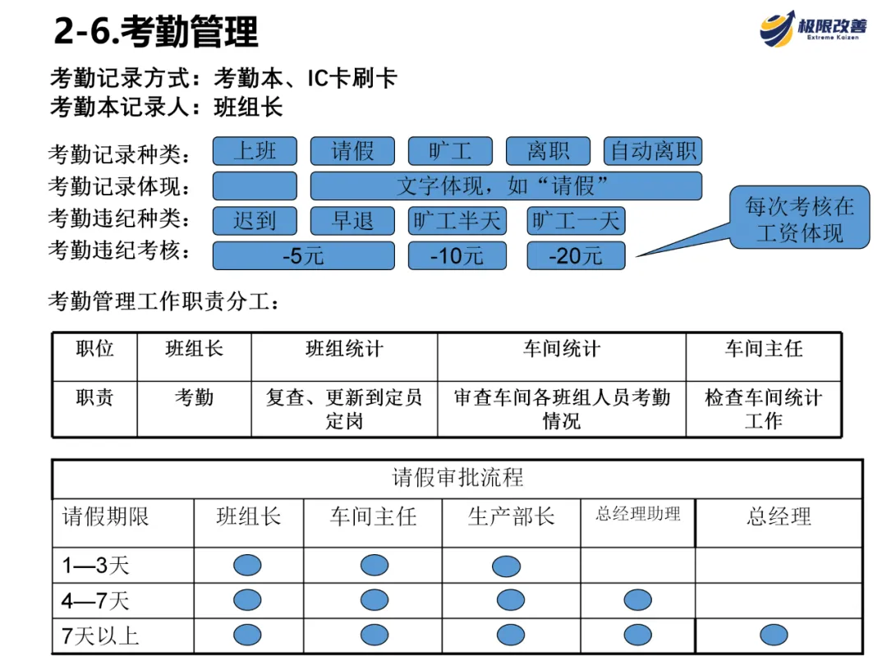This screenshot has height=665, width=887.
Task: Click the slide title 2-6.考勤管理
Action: tap(156, 32)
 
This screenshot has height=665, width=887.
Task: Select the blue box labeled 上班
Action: tap(255, 151)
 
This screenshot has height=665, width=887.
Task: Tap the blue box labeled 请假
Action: tap(352, 151)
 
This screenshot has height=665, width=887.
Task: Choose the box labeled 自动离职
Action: tap(653, 151)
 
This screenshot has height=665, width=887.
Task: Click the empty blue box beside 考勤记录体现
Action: tap(255, 186)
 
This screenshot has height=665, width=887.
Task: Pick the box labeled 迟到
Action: tap(255, 221)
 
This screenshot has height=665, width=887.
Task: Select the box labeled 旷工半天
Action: tap(457, 221)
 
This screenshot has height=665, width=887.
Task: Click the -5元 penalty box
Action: tap(303, 255)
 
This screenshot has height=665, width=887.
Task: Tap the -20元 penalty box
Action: tap(576, 255)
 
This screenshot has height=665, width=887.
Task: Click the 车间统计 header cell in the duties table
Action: tap(562, 350)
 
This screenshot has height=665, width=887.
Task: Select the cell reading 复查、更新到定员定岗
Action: tap(344, 409)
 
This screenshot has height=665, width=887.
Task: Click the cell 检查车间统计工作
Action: tap(763, 409)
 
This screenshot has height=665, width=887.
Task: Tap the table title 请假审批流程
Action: tap(457, 478)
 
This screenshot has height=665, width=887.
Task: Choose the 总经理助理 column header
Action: tap(638, 515)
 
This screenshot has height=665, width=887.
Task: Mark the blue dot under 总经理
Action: tap(774, 635)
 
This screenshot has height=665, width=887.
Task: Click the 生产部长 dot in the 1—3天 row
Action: tap(507, 566)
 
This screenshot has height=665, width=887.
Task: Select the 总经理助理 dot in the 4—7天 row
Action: tap(638, 600)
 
